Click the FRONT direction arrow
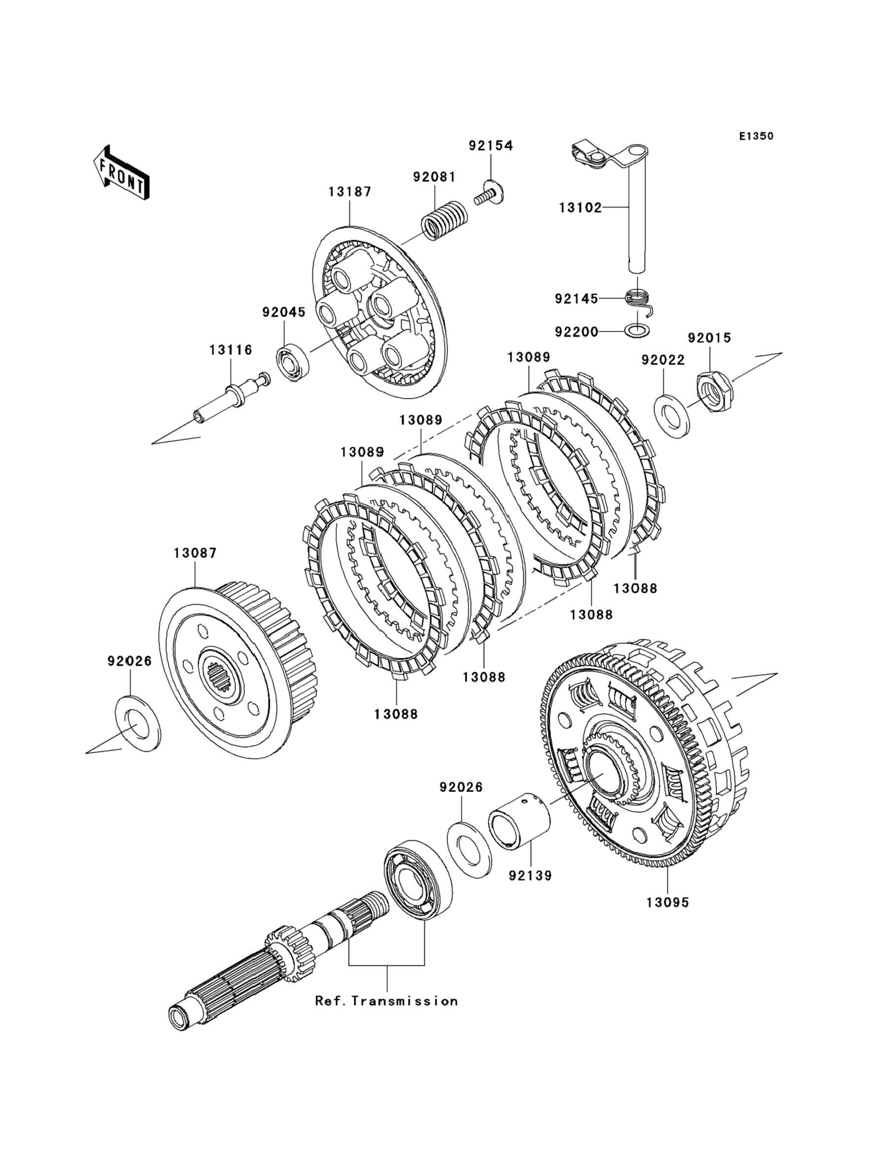(121, 172)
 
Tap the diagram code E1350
(756, 137)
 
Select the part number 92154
(490, 145)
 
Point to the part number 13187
(350, 192)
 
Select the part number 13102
(581, 208)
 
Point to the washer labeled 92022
(673, 415)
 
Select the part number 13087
(195, 553)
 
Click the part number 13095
(667, 903)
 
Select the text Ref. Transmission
(386, 1001)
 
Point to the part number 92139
(530, 876)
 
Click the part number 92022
(663, 360)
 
